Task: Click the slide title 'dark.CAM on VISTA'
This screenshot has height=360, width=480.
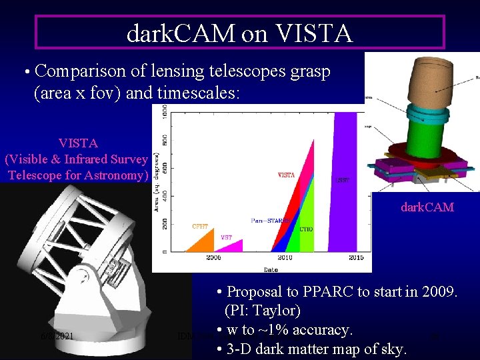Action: pyautogui.click(x=239, y=33)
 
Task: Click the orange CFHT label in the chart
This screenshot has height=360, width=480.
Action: pyautogui.click(x=199, y=227)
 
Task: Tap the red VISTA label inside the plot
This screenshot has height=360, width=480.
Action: pyautogui.click(x=286, y=175)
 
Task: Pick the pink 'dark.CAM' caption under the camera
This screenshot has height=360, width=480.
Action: pyautogui.click(x=427, y=207)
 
